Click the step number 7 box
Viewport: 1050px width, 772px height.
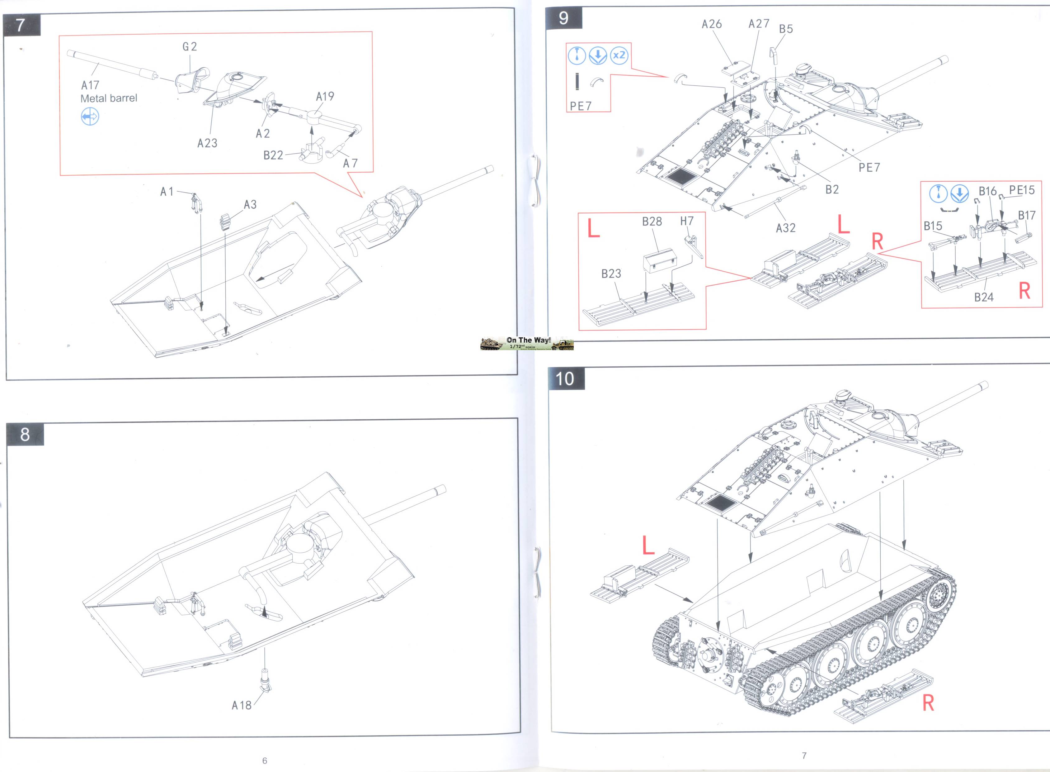click(x=21, y=25)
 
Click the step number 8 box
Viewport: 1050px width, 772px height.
click(x=25, y=435)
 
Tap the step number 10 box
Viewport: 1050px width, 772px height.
click(x=565, y=379)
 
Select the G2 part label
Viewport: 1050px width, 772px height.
click(x=190, y=47)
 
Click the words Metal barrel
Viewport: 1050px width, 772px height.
click(x=109, y=98)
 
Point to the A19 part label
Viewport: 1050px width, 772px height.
click(x=325, y=96)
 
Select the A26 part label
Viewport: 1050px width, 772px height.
click(x=712, y=24)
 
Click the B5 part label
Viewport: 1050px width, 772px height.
click(x=786, y=29)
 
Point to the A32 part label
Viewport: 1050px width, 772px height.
click(x=785, y=228)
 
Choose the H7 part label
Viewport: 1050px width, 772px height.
click(x=686, y=221)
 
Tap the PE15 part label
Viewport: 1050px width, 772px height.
click(x=1022, y=190)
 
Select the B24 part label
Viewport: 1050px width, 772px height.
click(x=984, y=297)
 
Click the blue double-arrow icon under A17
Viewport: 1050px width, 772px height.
click(x=90, y=117)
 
